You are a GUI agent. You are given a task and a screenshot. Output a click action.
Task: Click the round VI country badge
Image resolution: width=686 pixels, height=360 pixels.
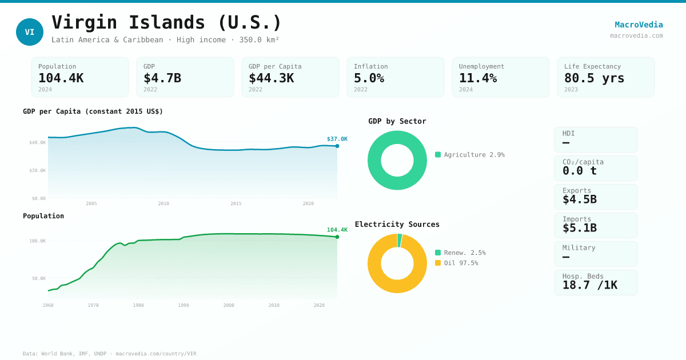[x=30, y=32]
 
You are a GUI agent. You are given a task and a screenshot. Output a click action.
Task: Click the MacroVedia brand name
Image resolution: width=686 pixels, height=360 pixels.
[x=639, y=25]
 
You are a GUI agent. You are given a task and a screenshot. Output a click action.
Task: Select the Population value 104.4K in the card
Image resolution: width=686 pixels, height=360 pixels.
[x=61, y=78]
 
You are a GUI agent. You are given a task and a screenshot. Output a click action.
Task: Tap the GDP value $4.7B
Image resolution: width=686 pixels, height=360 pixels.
[x=162, y=78]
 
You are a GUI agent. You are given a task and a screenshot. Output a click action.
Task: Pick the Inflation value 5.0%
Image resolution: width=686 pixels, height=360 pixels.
[x=369, y=78]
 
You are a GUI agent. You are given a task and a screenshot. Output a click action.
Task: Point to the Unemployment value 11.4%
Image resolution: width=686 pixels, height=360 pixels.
[x=478, y=78]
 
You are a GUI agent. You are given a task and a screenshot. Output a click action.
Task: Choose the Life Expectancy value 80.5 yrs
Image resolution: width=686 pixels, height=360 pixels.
[x=594, y=78]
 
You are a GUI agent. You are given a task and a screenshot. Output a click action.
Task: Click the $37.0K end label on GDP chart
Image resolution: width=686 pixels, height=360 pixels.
[x=337, y=139]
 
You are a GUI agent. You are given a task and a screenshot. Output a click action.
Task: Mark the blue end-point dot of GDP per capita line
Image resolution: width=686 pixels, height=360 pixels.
[x=337, y=146]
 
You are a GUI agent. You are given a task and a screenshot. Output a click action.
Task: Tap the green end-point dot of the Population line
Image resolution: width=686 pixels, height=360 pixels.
[x=337, y=237]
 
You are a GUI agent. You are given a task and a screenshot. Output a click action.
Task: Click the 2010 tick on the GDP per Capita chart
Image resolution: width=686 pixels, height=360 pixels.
[x=163, y=203]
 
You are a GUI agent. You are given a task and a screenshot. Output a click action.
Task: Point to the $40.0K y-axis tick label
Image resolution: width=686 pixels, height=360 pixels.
[x=37, y=142]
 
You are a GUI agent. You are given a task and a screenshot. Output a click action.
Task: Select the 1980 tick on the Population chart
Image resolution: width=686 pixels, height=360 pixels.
[x=138, y=305]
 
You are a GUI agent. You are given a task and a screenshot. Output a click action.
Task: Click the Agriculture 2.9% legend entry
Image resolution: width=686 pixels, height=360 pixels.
[x=470, y=155]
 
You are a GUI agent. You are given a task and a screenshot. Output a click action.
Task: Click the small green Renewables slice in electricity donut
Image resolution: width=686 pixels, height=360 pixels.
[x=400, y=241]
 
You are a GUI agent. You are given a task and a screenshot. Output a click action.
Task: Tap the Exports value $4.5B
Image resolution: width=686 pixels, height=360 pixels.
[x=579, y=199]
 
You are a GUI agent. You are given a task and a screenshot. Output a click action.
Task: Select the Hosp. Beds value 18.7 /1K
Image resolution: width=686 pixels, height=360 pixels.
[x=589, y=285]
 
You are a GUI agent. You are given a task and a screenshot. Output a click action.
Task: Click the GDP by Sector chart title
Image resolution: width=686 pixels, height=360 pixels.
[x=397, y=121]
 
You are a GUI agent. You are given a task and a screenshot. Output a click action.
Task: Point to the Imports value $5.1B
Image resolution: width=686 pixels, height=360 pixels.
[x=579, y=228]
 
